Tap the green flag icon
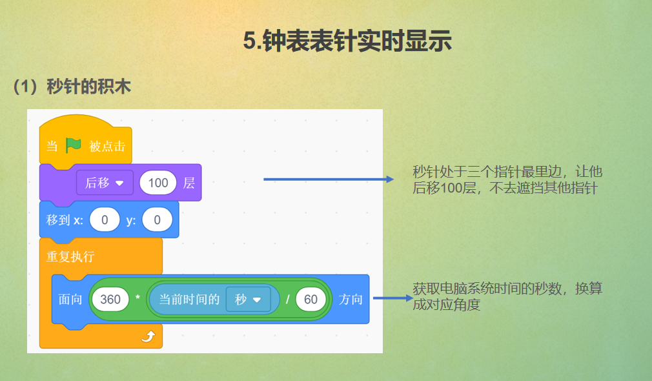pyautogui.click(x=73, y=145)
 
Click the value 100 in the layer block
pyautogui.click(x=158, y=183)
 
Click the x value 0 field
pyautogui.click(x=105, y=220)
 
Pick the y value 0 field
pyautogui.click(x=158, y=220)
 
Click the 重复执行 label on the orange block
pyautogui.click(x=70, y=256)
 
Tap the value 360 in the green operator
pyautogui.click(x=110, y=300)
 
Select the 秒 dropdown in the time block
pyautogui.click(x=248, y=300)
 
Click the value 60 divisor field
pyautogui.click(x=311, y=300)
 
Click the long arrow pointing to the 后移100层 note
pyautogui.click(x=328, y=179)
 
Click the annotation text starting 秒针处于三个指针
pyautogui.click(x=507, y=180)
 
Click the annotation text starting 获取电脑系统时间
pyautogui.click(x=507, y=296)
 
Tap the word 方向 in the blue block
pyautogui.click(x=351, y=300)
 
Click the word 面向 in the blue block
pyautogui.click(x=70, y=300)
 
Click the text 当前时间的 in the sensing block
pyautogui.click(x=189, y=300)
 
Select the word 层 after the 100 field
pyautogui.click(x=188, y=183)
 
